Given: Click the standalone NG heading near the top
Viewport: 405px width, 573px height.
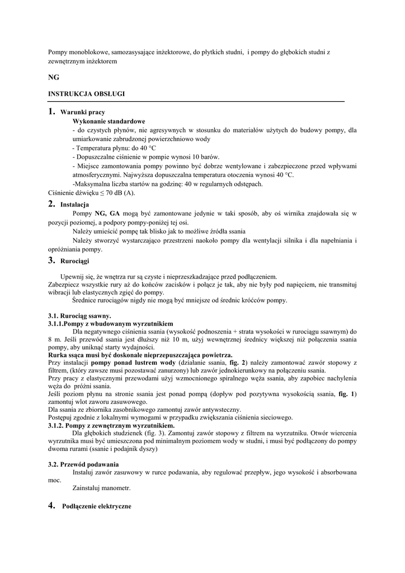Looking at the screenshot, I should [x=54, y=77].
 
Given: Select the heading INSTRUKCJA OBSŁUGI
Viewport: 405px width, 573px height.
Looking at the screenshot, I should [x=86, y=94].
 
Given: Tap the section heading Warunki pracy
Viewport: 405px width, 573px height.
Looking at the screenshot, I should [x=82, y=112].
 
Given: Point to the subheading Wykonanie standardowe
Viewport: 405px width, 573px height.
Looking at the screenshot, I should [x=109, y=121].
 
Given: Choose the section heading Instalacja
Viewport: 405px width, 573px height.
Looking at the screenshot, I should [x=74, y=205].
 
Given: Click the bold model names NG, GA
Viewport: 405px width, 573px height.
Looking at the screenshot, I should [x=107, y=213].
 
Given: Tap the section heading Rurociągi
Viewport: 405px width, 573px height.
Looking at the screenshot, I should [x=74, y=261].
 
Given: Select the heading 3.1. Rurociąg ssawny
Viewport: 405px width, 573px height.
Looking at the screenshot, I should [x=79, y=316].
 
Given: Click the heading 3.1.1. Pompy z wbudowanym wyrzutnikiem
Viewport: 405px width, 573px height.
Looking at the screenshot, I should [x=111, y=323].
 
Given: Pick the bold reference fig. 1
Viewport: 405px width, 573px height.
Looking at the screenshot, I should [x=347, y=394].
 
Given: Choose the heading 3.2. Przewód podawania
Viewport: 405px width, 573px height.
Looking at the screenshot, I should [x=83, y=464].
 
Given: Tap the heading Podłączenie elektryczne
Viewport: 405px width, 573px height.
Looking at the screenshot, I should [x=96, y=506].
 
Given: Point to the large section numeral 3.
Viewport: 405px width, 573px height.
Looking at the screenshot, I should [x=51, y=260].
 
